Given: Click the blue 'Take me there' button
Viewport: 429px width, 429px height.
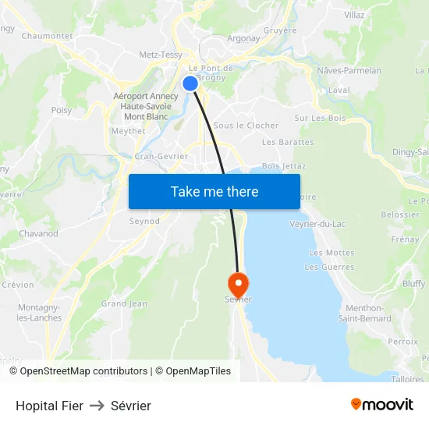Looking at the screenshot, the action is pos(214,191).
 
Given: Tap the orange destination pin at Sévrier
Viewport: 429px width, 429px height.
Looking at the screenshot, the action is pos(237,282).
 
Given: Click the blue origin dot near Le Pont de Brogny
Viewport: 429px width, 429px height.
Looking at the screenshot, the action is pos(190,83).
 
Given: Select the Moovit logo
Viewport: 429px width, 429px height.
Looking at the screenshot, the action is pos(382,405).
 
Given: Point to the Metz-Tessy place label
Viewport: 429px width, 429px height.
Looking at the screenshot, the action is pos(161,55).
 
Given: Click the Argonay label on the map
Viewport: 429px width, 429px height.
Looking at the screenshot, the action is pos(243,38).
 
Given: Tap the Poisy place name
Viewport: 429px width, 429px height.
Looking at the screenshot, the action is pos(62,111).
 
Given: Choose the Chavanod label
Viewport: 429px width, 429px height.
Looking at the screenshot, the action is pos(38,233).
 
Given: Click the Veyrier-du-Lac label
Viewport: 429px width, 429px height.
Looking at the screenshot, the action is pos(317,224).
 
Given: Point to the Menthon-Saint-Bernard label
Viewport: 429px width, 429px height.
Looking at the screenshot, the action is pos(365,313).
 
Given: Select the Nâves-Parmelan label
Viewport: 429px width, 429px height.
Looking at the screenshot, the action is pos(349,70).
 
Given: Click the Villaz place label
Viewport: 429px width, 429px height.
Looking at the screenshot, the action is pos(354,15).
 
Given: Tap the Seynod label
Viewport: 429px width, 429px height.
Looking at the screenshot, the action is pos(144,221).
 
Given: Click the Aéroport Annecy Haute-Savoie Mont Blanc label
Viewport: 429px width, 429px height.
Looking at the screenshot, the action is pos(146,107).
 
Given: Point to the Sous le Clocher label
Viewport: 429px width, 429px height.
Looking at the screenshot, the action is pos(246,125).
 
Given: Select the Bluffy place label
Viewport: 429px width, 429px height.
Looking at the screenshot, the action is pos(413,284).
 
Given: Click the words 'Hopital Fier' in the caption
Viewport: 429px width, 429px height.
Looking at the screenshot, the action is pos(49,406).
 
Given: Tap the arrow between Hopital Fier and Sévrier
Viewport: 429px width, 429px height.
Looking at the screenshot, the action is pos(97,406).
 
